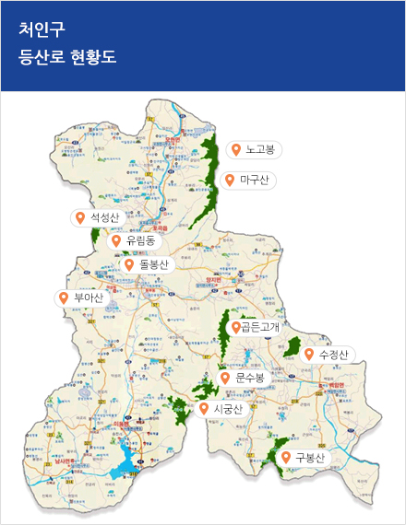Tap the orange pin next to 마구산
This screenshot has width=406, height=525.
[230, 180]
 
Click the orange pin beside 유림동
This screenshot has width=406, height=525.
[116, 240]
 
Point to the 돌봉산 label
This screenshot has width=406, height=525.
[155, 264]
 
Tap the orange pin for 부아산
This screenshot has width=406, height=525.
[64, 297]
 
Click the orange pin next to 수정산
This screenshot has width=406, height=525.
[308, 355]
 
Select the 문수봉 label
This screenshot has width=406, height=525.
[250, 378]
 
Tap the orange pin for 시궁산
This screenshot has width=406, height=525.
[203, 408]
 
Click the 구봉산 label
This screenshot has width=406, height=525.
[310, 458]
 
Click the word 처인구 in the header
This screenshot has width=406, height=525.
[42, 27]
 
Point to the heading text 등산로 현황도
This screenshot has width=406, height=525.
[67, 57]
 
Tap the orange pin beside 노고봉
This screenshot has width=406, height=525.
[236, 149]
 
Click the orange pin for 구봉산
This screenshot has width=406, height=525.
[286, 458]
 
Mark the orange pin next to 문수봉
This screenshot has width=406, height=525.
[225, 378]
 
